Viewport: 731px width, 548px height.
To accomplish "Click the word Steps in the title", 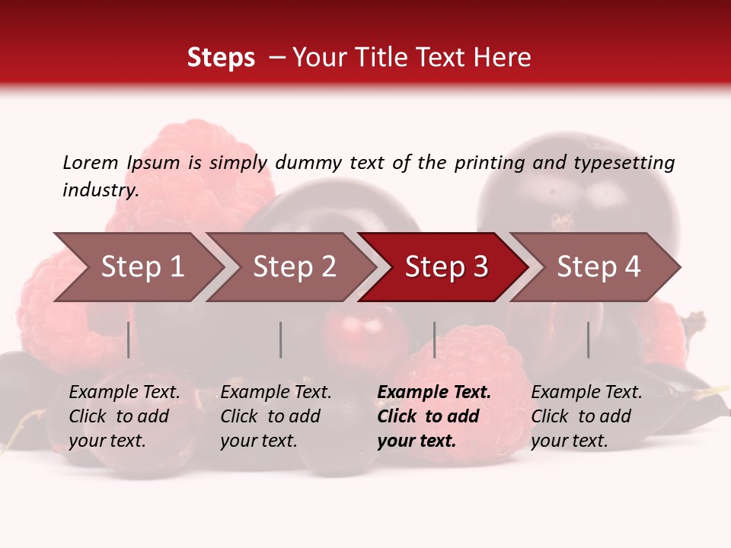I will coord(221,58).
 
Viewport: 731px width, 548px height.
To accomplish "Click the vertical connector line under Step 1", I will coord(129,339).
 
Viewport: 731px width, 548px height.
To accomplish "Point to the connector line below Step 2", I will coord(281,339).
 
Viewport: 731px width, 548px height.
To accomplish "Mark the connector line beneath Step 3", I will coord(434,339).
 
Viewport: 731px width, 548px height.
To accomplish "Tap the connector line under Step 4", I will coord(588,339).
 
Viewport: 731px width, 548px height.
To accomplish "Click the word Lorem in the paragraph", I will coord(91,162).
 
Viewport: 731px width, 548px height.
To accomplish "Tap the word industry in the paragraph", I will coord(101,190).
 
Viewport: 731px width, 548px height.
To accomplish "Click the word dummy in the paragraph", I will coord(308,163).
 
